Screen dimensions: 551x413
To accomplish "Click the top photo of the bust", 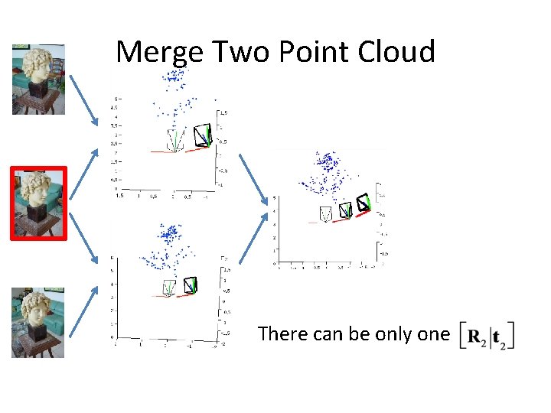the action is pyautogui.click(x=38, y=79).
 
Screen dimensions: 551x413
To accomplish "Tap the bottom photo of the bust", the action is pyautogui.click(x=38, y=323).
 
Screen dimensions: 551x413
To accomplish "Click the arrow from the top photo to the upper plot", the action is pyautogui.click(x=85, y=99).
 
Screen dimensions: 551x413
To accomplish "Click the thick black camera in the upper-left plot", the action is pyautogui.click(x=203, y=135).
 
